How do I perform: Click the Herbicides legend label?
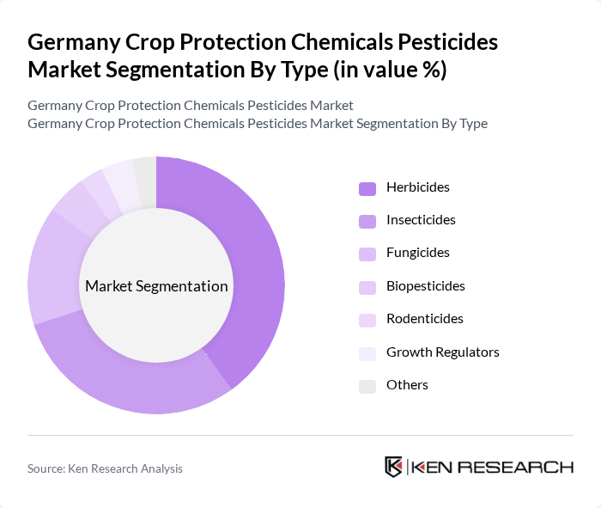coord(417,187)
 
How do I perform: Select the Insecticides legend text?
coord(421,220)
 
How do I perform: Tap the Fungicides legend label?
coord(417,253)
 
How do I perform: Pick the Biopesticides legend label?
coord(425,285)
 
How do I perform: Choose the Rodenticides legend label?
coord(424,319)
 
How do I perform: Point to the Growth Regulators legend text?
coord(442,352)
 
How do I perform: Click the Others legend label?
coord(407,384)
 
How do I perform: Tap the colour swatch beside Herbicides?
coord(367,188)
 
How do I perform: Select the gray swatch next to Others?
coord(367,385)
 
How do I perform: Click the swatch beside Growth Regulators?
coord(367,352)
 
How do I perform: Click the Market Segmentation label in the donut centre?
coord(156,286)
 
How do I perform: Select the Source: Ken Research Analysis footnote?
coord(105,468)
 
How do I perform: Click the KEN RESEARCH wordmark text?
coord(493,467)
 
